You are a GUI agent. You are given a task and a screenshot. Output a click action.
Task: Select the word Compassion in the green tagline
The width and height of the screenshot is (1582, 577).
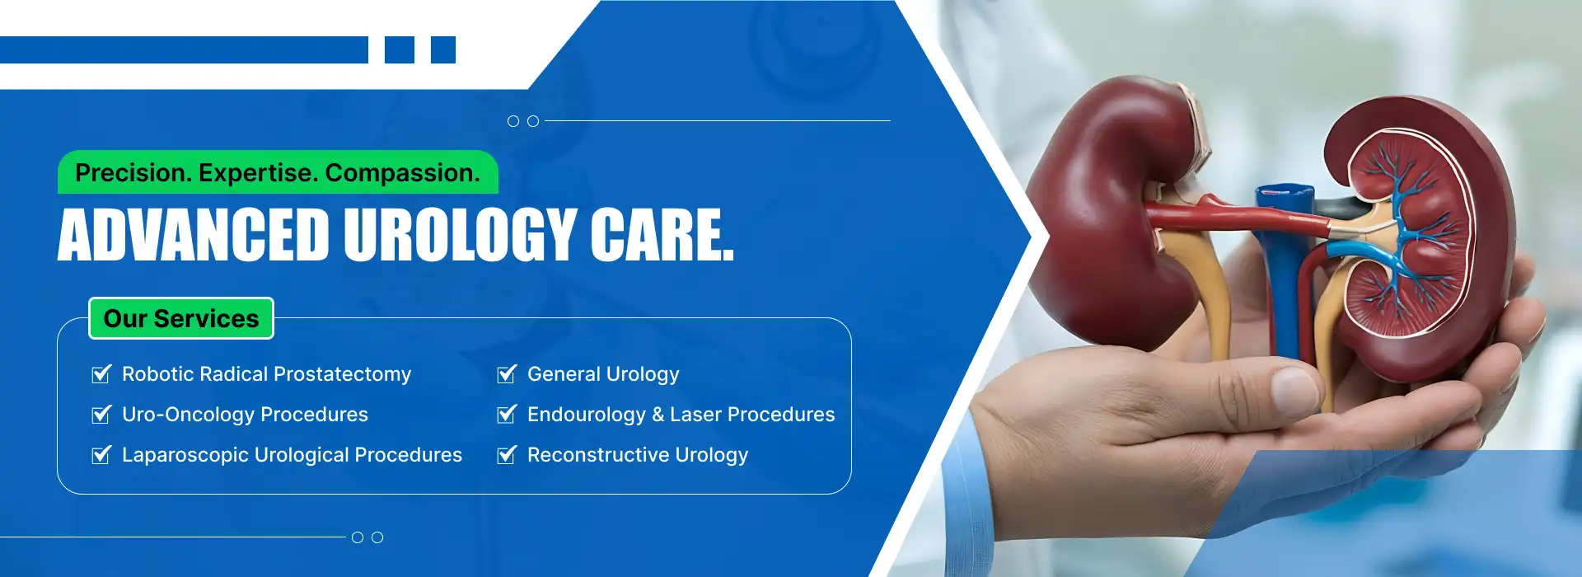[402, 173]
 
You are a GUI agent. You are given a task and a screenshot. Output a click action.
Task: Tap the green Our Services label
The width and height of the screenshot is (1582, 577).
[181, 318]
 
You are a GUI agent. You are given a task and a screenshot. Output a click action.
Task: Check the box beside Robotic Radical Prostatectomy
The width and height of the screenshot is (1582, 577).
[101, 374]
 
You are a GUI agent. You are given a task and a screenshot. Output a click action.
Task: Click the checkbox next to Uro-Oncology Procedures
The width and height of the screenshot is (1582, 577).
[101, 415]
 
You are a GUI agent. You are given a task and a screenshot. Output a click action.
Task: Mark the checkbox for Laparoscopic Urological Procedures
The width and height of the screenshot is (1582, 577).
[101, 455]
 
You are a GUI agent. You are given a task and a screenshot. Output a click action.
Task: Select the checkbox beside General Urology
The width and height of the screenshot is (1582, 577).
[507, 374]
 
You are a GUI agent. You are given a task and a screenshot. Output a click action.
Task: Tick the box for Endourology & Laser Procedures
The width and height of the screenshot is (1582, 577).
[507, 415]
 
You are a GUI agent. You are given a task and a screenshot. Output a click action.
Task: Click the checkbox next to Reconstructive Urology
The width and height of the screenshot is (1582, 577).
[507, 455]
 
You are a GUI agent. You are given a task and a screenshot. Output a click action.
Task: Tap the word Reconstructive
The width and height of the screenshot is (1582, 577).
[598, 455]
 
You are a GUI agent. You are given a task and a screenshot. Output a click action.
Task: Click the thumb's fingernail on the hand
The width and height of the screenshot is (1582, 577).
[1295, 389]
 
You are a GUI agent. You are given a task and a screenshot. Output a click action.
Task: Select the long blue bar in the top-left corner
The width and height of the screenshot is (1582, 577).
[184, 49]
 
